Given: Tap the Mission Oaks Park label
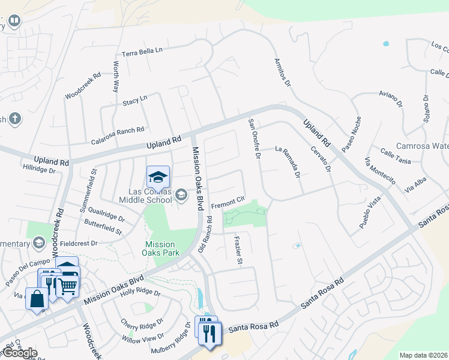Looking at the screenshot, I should (x=160, y=249).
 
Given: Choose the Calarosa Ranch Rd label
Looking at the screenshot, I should (x=118, y=135).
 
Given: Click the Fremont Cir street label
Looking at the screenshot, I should (x=228, y=201).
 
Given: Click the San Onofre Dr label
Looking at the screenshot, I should (x=255, y=139).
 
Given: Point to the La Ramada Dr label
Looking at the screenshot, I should (x=288, y=163).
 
